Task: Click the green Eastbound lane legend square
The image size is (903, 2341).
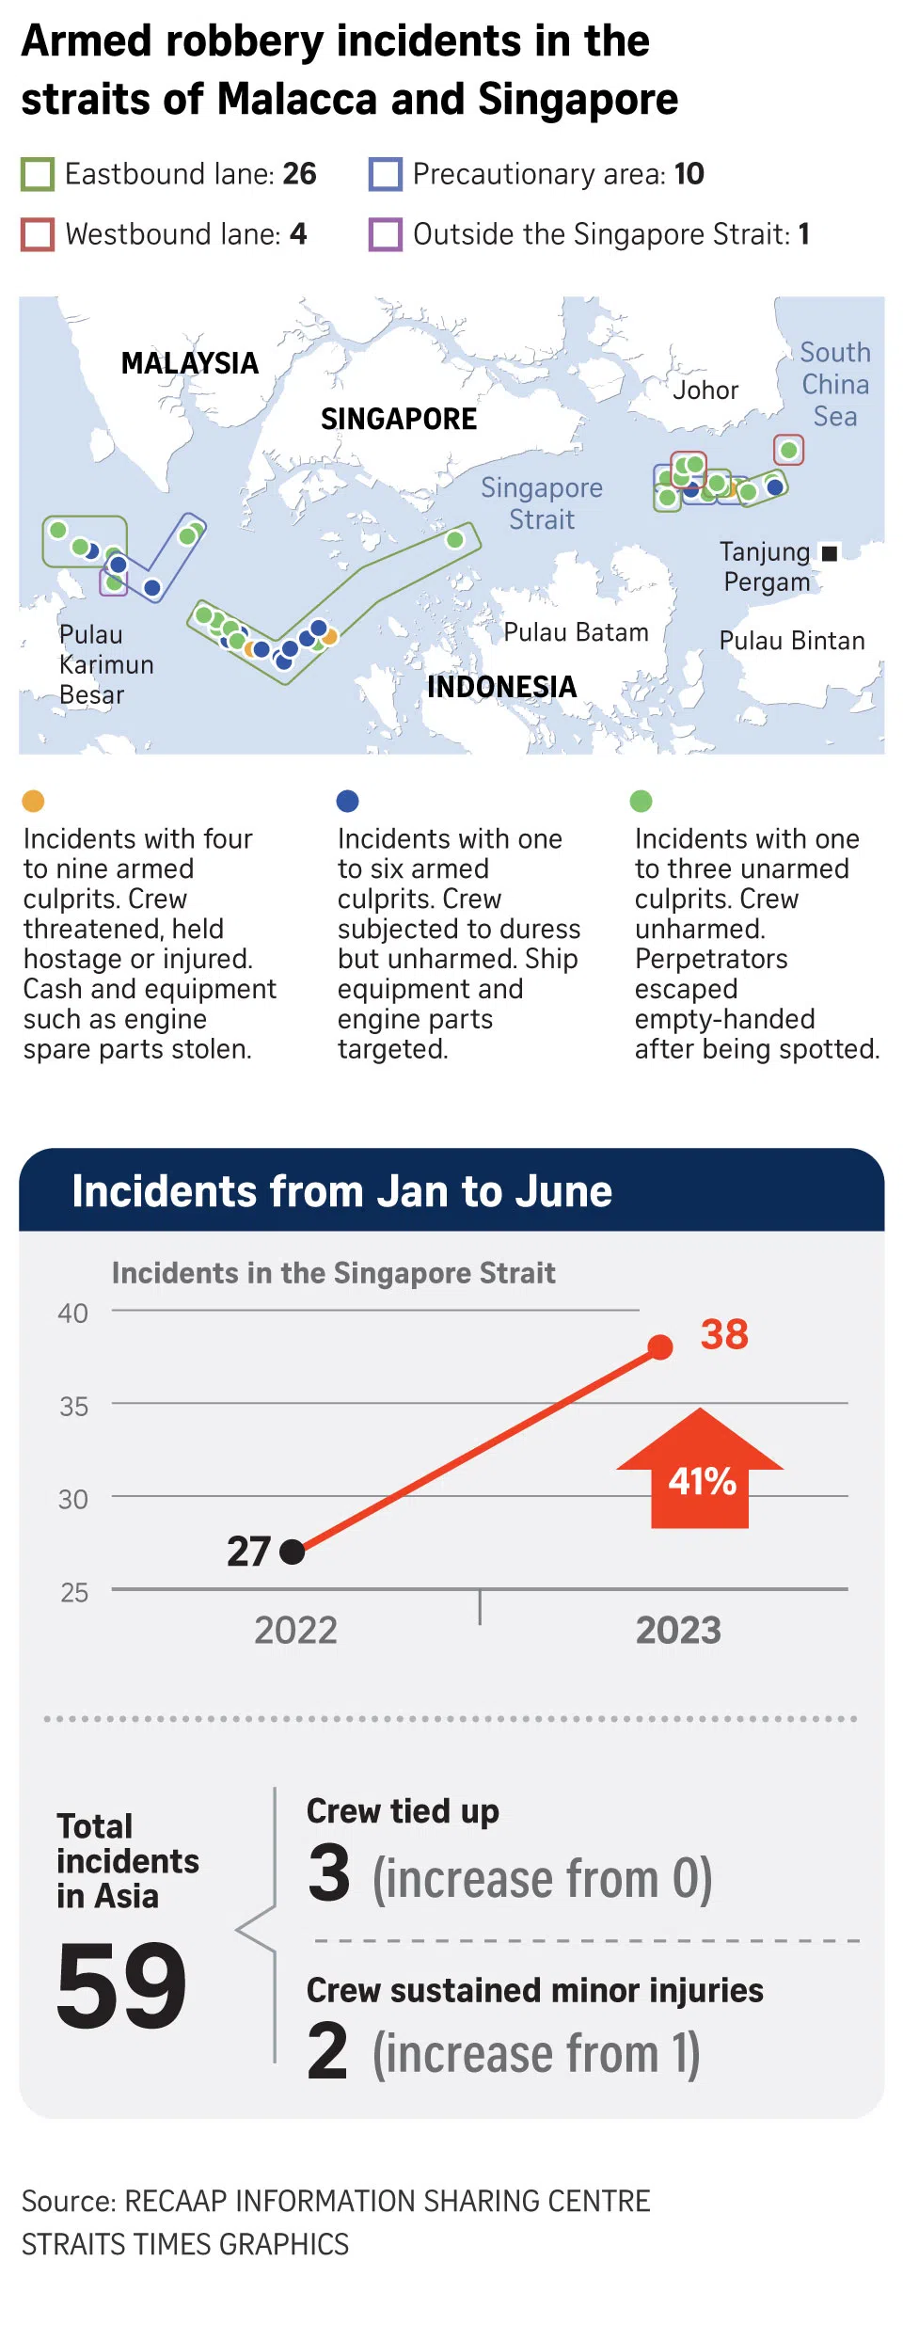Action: point(38,175)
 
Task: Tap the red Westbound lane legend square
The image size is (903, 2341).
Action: point(38,234)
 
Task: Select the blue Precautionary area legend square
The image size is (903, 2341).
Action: point(386,175)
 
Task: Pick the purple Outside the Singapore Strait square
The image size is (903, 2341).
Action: point(386,234)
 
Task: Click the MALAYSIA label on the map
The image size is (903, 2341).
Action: point(189,363)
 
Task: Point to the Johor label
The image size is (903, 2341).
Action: point(705,390)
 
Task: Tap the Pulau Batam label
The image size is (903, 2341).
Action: point(576,632)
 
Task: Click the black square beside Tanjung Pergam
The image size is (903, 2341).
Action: point(830,553)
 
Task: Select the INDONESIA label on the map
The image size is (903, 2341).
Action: point(501,687)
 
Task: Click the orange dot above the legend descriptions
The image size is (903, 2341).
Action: point(33,801)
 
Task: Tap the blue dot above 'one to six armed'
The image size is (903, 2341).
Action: point(347,801)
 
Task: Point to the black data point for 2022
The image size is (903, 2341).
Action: point(293,1552)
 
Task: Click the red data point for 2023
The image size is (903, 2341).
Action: point(660,1347)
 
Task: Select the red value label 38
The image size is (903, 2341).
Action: point(724,1334)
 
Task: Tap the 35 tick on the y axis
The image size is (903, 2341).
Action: point(74,1407)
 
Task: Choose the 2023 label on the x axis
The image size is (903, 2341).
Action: point(678,1631)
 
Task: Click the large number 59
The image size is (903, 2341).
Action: point(121,1985)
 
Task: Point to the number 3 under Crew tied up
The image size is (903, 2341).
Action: point(329,1873)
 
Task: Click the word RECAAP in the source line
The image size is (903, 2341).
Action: point(175,2201)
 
